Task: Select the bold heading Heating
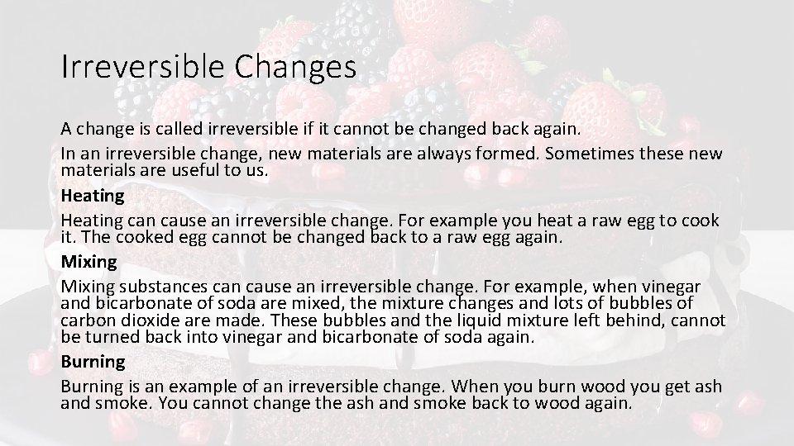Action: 92,197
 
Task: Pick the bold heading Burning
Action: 93,362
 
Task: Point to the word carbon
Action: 87,320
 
